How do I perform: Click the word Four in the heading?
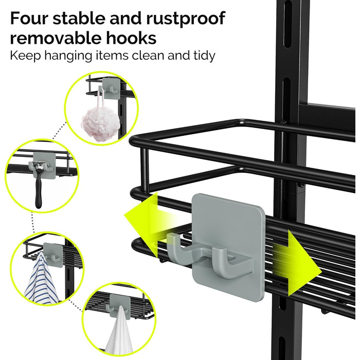coord(28,18)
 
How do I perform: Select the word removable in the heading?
coord(55,38)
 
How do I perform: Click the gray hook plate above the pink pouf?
coord(111,88)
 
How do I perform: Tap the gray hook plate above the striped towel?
coord(53,255)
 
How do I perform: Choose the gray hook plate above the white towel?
coord(120,306)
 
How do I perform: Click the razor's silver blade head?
coord(39,164)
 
